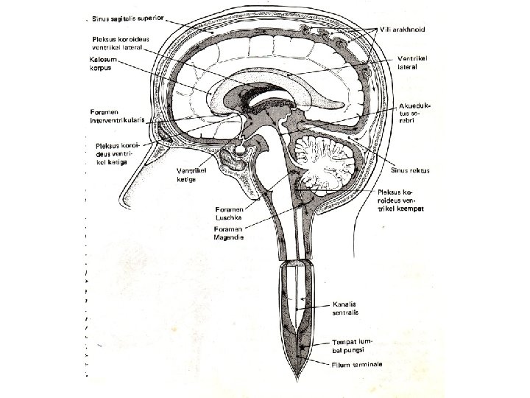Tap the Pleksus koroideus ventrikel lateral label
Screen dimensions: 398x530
121,43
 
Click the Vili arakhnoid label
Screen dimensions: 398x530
406,29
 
